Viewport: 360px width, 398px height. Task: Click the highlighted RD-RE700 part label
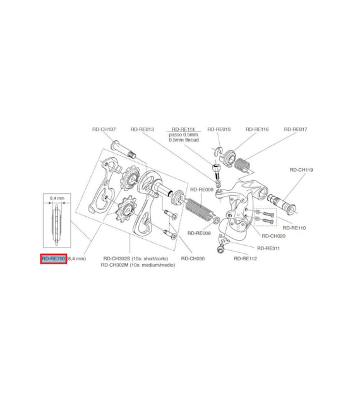tap(54, 258)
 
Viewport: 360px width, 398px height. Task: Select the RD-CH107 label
tap(104, 130)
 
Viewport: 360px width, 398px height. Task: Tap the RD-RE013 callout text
tap(142, 130)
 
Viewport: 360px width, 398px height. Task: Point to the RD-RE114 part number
tap(183, 130)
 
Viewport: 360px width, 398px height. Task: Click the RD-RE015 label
tap(219, 130)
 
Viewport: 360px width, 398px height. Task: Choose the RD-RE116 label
tap(257, 130)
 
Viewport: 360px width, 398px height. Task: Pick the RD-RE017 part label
tap(296, 130)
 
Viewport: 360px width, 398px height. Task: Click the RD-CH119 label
tap(301, 170)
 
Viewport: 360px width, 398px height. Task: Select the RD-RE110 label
tap(294, 228)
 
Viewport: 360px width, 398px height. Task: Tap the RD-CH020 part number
tap(273, 236)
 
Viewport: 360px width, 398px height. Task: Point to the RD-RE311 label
tap(268, 248)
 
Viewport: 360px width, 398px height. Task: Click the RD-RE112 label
tap(245, 258)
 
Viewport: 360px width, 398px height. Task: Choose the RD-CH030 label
tap(193, 258)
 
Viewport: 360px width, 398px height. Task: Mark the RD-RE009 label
tap(199, 233)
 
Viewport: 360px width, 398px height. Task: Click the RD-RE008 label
tap(201, 190)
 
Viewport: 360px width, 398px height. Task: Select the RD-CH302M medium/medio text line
tap(138, 265)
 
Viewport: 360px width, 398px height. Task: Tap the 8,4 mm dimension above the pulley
tap(57, 198)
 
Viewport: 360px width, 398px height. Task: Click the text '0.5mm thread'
tap(184, 140)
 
